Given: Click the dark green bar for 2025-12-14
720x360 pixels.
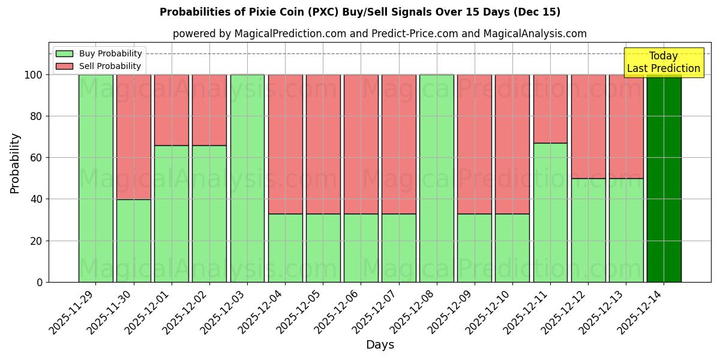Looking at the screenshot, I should (664, 178).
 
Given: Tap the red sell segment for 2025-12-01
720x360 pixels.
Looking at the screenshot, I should (172, 110).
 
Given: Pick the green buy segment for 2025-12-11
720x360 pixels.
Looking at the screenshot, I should (550, 212).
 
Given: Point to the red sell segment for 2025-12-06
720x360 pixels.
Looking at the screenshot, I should (361, 144).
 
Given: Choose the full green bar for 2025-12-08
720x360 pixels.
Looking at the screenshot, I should (437, 178).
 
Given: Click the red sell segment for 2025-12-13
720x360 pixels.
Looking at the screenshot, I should (626, 126).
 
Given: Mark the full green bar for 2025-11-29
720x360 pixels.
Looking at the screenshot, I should (96, 178).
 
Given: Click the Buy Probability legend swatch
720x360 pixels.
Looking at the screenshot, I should (64, 53).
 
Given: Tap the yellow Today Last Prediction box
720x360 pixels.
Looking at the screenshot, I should (664, 62).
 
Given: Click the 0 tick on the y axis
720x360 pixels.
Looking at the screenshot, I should (40, 282).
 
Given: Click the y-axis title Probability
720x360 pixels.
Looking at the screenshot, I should (15, 163).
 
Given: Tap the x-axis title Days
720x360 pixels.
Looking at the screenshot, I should (380, 345).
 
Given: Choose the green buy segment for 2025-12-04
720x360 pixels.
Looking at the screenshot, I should (285, 248).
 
